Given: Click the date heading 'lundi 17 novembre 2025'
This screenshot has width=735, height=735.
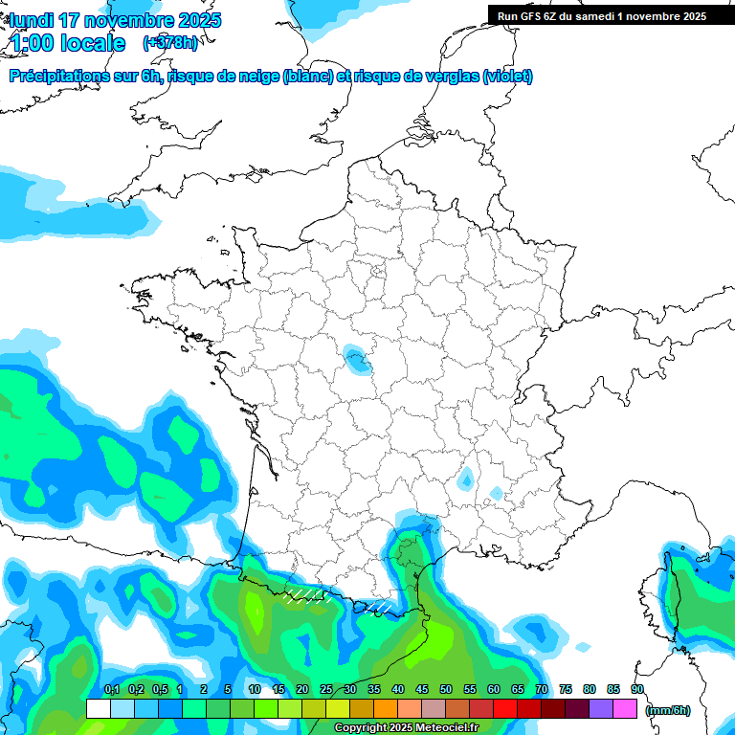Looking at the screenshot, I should [x=115, y=20].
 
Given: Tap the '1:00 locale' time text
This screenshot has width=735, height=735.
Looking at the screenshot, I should [x=67, y=43].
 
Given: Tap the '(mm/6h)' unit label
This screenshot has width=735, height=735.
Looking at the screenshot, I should [x=668, y=710].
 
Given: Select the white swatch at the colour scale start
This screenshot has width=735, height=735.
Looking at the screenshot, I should [x=99, y=709].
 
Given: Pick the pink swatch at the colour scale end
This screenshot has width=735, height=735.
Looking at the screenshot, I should [x=625, y=709].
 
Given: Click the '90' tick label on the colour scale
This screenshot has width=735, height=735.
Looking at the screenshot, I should [x=637, y=689].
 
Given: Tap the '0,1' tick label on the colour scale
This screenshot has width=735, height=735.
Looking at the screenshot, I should [x=111, y=689].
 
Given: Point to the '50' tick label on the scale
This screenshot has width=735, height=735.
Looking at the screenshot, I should [x=446, y=689].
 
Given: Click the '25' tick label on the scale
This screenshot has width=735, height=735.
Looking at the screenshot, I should [x=326, y=689].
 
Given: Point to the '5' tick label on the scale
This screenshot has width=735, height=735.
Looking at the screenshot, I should [x=228, y=689].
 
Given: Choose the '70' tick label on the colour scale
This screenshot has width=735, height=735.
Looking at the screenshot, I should [x=542, y=689].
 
